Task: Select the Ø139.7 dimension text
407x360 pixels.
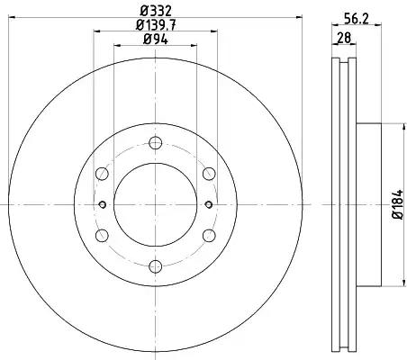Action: click(x=154, y=25)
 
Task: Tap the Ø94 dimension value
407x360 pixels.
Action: click(x=154, y=40)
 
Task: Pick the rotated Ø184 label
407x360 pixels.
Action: click(x=397, y=204)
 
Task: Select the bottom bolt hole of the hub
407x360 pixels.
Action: click(x=154, y=265)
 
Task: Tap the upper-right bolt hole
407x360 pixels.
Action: click(x=208, y=173)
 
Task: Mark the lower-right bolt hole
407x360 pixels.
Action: click(x=208, y=234)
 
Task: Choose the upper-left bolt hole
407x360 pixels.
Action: click(x=101, y=173)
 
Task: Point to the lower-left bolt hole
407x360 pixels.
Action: click(x=101, y=234)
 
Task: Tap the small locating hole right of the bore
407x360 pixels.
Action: click(x=208, y=203)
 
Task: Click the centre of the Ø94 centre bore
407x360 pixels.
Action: click(x=154, y=203)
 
